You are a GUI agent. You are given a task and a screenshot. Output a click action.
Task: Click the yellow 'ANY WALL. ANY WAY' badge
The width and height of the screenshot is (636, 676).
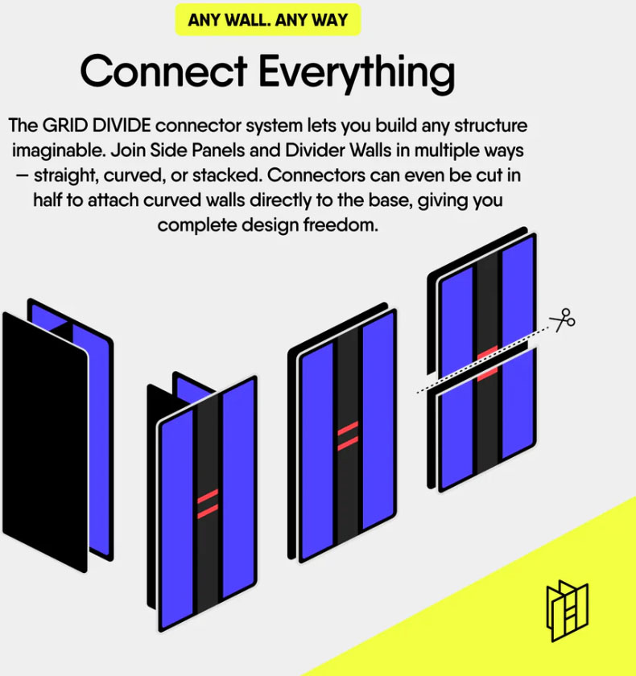click(268, 20)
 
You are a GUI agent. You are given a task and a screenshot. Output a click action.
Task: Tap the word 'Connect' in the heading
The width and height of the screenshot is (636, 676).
click(163, 71)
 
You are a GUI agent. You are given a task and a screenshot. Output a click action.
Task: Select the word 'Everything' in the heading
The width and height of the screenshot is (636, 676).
click(357, 74)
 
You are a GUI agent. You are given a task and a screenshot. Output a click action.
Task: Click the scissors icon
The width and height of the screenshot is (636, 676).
click(563, 320)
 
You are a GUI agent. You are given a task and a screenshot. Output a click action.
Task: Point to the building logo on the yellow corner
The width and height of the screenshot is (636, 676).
click(567, 611)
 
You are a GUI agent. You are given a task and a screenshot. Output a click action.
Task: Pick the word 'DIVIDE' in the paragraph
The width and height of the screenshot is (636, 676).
click(122, 126)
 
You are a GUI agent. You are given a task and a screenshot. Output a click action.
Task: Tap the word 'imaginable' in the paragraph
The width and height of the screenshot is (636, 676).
click(59, 151)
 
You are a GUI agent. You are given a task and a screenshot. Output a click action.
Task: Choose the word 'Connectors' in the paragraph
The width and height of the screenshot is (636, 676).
click(316, 175)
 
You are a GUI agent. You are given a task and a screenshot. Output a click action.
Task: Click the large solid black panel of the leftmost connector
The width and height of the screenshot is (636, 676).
click(45, 442)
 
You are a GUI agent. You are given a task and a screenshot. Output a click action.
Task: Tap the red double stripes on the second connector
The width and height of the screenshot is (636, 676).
click(208, 503)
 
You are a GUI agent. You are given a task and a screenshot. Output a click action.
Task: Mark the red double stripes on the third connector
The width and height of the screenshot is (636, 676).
click(348, 435)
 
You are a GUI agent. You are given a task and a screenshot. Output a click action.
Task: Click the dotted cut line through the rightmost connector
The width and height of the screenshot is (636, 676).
click(482, 360)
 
